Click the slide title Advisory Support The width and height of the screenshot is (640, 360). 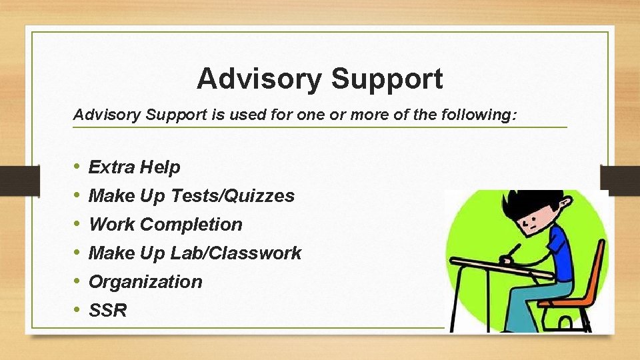319,79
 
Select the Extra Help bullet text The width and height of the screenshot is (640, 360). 134,167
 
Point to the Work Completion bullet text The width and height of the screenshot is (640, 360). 165,225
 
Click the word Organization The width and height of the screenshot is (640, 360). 145,282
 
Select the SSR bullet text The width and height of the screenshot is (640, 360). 107,311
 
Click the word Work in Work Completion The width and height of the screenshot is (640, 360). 111,225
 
